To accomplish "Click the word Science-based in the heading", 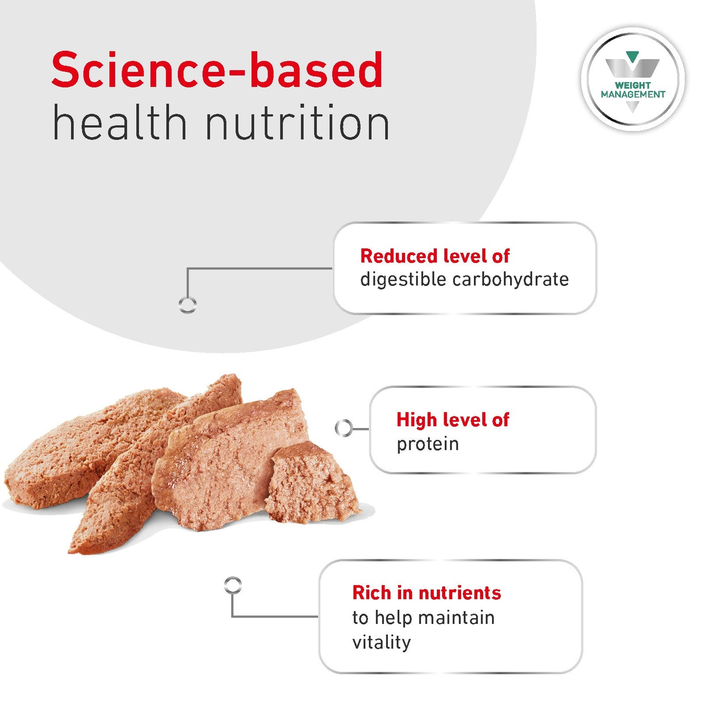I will [217, 70].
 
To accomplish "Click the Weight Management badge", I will [633, 80].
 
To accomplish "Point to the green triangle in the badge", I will [632, 57].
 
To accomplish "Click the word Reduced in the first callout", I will [398, 256].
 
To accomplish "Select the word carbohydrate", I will [511, 279].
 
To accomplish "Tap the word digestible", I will [403, 279].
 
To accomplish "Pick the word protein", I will [428, 444].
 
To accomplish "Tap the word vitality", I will [381, 642].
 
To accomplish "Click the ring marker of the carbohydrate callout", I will [188, 305].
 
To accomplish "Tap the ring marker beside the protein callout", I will [343, 428].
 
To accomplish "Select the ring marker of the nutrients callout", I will [233, 584].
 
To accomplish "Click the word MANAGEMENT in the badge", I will [633, 94].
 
